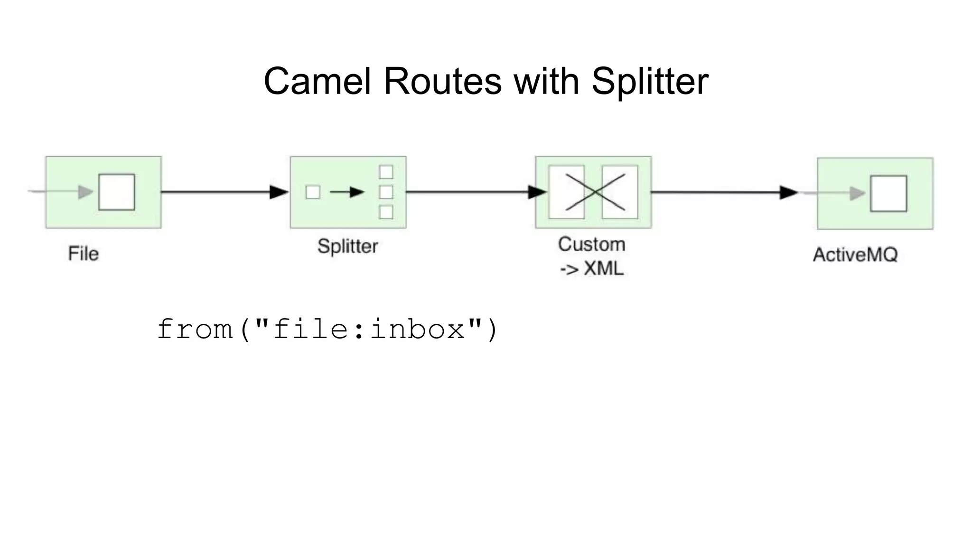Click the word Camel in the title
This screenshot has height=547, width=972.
click(317, 81)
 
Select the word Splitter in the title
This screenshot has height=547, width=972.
click(650, 81)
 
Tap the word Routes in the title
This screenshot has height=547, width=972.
click(442, 81)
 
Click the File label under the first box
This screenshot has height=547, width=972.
click(84, 254)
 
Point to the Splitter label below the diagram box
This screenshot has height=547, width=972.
click(347, 246)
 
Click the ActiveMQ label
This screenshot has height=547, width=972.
click(855, 255)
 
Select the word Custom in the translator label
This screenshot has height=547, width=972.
click(591, 245)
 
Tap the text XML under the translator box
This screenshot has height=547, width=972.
click(603, 269)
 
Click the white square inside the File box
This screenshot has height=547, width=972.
click(117, 192)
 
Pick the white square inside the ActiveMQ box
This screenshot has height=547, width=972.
click(888, 193)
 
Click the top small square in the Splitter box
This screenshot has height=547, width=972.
click(386, 172)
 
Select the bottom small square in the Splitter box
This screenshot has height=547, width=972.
click(386, 212)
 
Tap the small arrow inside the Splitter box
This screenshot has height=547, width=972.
click(347, 192)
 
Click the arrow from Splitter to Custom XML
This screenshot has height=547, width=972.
click(475, 192)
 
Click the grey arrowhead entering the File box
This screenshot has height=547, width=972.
click(85, 192)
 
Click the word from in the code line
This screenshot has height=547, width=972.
click(195, 329)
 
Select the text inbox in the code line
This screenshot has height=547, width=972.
click(418, 329)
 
